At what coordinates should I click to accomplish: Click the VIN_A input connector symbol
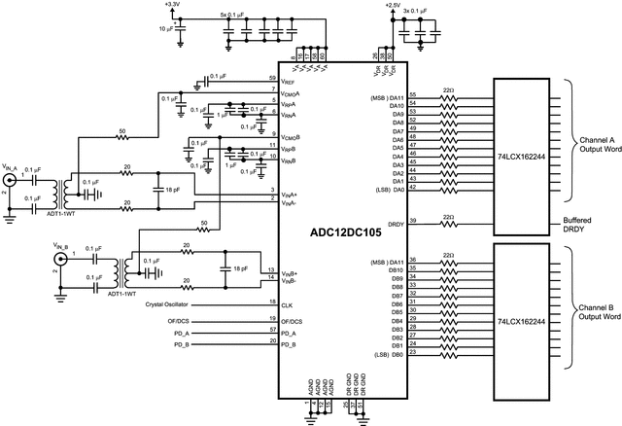point(12,182)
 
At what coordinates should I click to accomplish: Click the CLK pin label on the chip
point(288,305)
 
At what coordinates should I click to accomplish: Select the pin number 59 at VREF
point(273,77)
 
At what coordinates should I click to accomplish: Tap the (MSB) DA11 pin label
point(386,96)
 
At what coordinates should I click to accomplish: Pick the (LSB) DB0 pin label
point(388,353)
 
